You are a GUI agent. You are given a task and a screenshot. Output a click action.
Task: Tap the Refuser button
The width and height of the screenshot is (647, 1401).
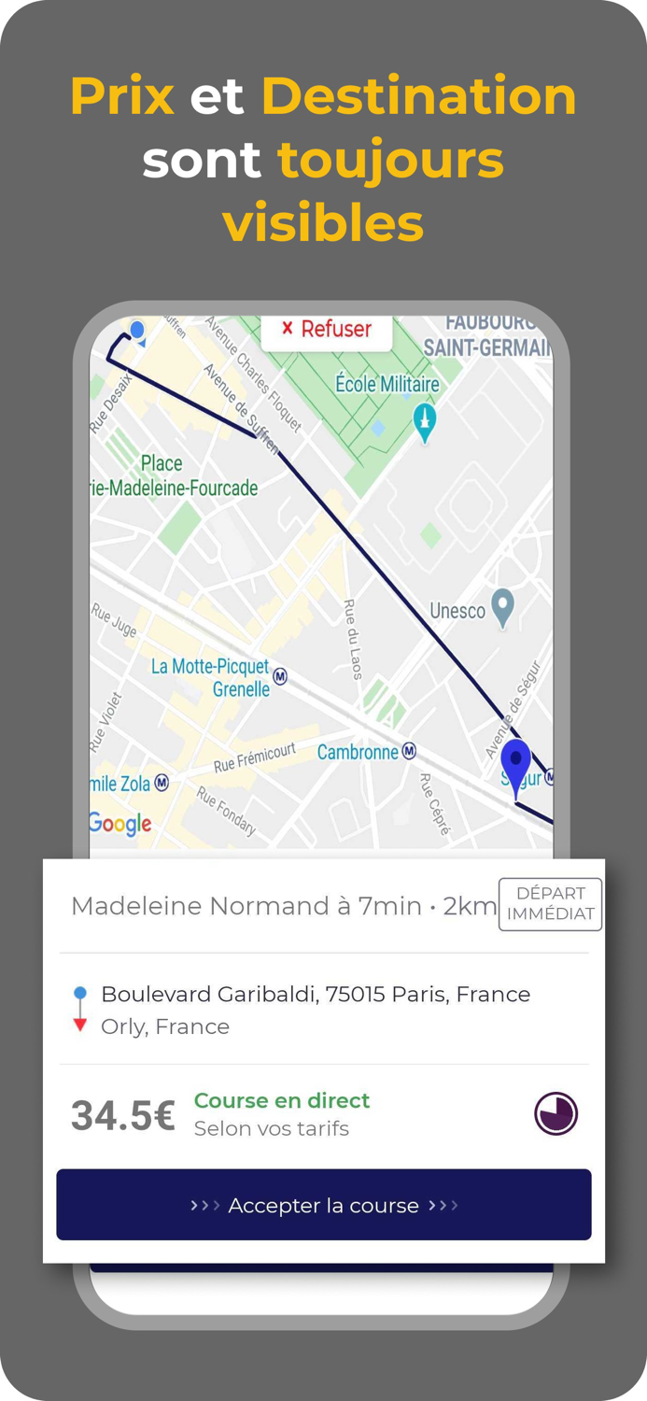click(x=327, y=330)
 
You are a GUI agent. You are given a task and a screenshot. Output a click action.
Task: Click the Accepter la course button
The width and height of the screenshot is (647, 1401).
click(x=324, y=1205)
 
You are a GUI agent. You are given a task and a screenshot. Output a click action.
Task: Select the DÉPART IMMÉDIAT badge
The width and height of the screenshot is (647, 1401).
click(x=550, y=904)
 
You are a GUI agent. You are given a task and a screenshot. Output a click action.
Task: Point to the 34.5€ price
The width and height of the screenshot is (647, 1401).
click(x=123, y=1115)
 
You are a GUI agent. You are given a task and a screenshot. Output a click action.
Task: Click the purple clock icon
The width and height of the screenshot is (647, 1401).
click(x=556, y=1113)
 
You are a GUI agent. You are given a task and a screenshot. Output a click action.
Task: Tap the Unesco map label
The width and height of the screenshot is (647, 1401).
click(x=457, y=611)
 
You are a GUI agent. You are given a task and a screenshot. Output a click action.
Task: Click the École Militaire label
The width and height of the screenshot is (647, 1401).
click(x=387, y=384)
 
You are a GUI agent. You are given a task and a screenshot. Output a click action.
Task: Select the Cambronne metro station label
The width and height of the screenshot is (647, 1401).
click(x=359, y=752)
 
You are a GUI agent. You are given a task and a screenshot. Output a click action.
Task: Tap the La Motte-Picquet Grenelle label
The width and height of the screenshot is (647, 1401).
click(x=210, y=678)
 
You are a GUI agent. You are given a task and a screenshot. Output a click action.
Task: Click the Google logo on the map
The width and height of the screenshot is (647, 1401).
click(x=120, y=823)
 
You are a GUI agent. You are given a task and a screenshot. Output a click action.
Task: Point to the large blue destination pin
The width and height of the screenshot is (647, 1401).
click(x=515, y=764)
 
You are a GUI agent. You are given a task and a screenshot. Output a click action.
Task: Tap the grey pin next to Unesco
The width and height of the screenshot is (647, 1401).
click(x=503, y=608)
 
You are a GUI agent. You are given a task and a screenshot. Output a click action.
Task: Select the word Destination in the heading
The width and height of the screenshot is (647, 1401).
click(x=418, y=96)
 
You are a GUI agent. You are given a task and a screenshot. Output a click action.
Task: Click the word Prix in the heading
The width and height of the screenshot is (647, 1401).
click(x=122, y=96)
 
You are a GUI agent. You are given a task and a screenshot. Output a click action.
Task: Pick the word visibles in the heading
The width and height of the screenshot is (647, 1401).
click(x=323, y=224)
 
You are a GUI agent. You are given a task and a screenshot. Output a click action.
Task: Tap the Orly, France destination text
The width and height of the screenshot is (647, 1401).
click(x=165, y=1026)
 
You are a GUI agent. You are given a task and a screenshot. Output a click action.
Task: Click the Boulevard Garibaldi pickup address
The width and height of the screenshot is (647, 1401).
click(x=316, y=995)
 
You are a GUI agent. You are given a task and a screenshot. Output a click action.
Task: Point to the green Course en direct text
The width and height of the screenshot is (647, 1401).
click(x=282, y=1100)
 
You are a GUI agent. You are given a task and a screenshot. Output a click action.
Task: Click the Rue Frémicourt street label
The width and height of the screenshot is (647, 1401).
click(x=254, y=757)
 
